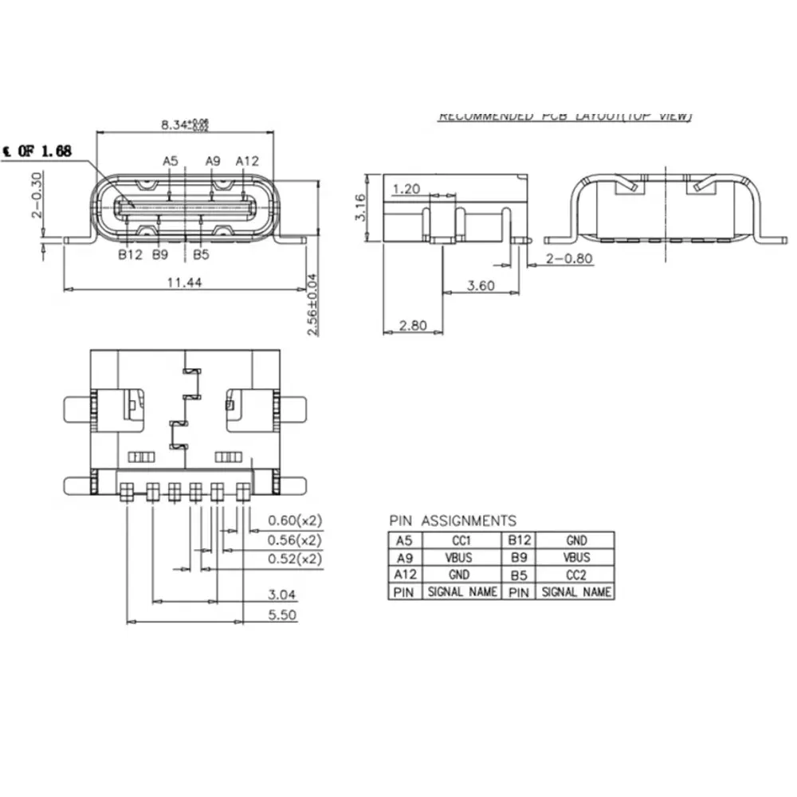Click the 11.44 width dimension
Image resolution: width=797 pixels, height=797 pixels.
(185, 281)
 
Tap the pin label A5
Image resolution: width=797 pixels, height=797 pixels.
(171, 161)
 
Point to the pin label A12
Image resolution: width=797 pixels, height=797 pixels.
(247, 161)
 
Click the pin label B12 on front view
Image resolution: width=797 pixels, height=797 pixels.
(129, 255)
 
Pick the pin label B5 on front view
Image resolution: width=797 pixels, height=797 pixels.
(201, 255)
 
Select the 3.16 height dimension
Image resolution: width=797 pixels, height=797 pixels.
(360, 206)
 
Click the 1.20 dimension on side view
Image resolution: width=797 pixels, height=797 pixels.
(406, 189)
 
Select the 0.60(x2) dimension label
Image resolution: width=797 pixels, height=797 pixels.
(294, 520)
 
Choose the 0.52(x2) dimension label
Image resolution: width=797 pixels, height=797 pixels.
(294, 559)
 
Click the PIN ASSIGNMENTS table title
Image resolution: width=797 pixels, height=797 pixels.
(452, 520)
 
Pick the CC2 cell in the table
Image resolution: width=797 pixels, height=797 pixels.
(576, 575)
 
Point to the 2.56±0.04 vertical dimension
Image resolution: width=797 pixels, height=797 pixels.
(312, 304)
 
